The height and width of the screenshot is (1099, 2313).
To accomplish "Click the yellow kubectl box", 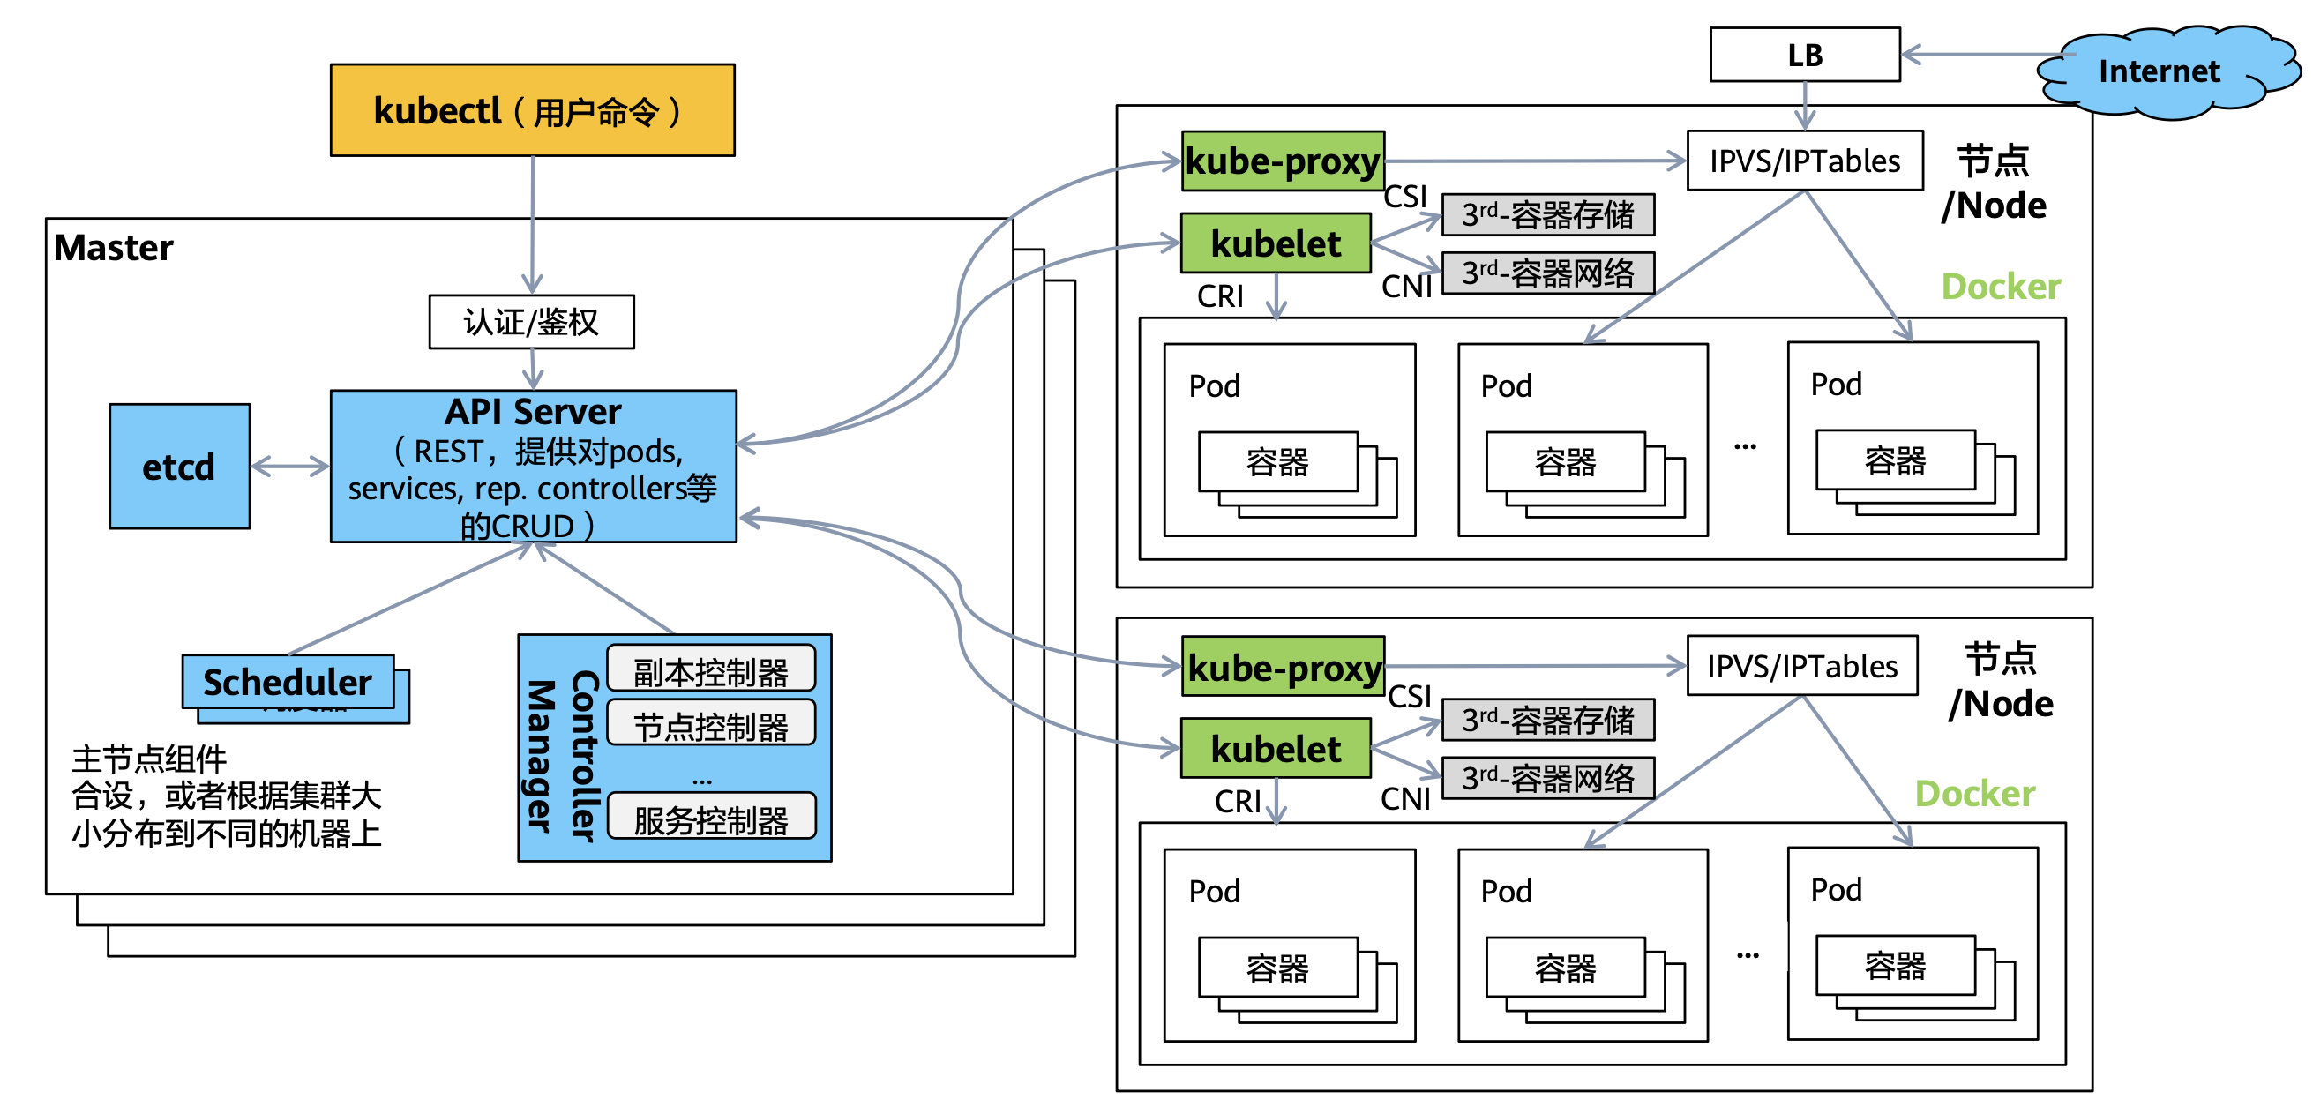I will [x=533, y=110].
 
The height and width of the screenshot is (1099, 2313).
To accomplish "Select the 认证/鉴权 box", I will [x=532, y=321].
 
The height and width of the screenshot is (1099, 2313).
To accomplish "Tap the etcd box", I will [x=180, y=466].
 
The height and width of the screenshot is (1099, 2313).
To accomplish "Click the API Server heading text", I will [x=533, y=412].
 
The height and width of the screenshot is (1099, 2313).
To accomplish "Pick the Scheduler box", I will [x=288, y=682].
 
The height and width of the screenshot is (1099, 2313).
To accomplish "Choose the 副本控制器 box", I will [x=711, y=669].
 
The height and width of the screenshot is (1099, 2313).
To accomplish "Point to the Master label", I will [x=113, y=248].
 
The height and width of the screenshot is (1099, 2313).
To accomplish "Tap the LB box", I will [x=1805, y=55].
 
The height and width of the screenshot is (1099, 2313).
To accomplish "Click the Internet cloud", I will [x=2159, y=71].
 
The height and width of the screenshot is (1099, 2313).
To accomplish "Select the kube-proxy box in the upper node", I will [x=1284, y=161].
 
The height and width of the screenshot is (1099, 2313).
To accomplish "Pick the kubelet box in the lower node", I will [x=1276, y=749].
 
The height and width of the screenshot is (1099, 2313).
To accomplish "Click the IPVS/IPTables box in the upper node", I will [x=1805, y=161].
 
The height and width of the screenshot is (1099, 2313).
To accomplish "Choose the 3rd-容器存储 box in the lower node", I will [x=1548, y=720].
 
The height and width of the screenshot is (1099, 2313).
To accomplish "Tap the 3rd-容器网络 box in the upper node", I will [x=1548, y=273].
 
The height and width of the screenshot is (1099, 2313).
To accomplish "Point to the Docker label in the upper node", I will [x=2001, y=287].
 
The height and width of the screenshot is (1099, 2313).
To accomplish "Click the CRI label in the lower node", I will [x=1238, y=801].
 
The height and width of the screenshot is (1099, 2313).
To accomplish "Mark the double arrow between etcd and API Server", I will [x=290, y=466].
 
